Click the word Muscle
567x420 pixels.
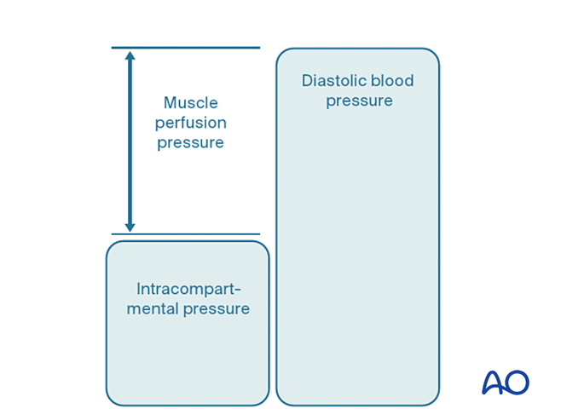pyautogui.click(x=190, y=103)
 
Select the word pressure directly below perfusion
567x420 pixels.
pyautogui.click(x=190, y=142)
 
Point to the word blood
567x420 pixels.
pyautogui.click(x=393, y=81)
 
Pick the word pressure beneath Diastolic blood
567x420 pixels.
pyautogui.click(x=358, y=101)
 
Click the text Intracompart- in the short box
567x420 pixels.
pyautogui.click(x=188, y=288)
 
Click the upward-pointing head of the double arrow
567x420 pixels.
pyautogui.click(x=130, y=57)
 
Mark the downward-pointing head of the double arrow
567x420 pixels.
pyautogui.click(x=130, y=226)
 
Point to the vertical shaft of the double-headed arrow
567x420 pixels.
pyautogui.click(x=130, y=141)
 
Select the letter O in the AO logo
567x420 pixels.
pyautogui.click(x=518, y=383)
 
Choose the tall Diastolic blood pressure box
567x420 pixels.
pyautogui.click(x=357, y=256)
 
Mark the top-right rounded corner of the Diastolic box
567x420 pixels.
pyautogui.click(x=434, y=55)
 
